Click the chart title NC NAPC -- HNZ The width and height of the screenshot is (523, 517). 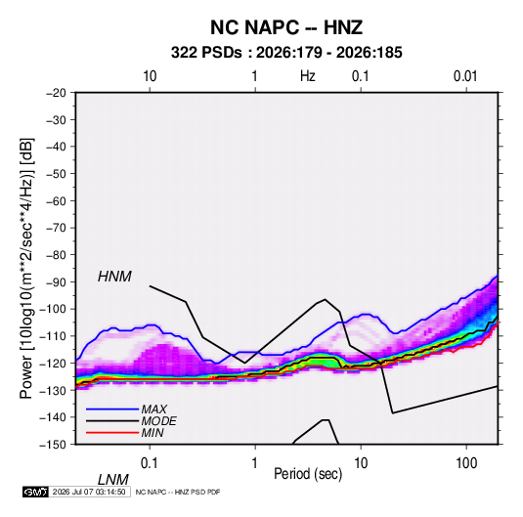pyautogui.click(x=286, y=27)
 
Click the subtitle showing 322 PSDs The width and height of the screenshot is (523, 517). pyautogui.click(x=286, y=53)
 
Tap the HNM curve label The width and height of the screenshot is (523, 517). pyautogui.click(x=114, y=277)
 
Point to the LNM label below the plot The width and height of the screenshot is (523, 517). pyautogui.click(x=113, y=480)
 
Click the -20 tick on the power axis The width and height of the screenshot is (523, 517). pyautogui.click(x=56, y=93)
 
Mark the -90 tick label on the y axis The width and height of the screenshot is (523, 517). pyautogui.click(x=56, y=281)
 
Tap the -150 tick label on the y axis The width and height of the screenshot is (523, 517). pyautogui.click(x=53, y=445)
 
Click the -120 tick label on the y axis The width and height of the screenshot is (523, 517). pyautogui.click(x=53, y=363)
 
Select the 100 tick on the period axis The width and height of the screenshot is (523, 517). pyautogui.click(x=466, y=463)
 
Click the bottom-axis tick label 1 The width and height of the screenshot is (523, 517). pyautogui.click(x=255, y=463)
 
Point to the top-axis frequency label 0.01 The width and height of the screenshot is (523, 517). pyautogui.click(x=465, y=76)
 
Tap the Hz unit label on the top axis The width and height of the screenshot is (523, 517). pyautogui.click(x=308, y=76)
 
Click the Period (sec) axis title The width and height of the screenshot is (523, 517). pyautogui.click(x=308, y=474)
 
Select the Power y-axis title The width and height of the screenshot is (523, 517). pyautogui.click(x=26, y=269)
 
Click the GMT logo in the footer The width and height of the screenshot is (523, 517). pyautogui.click(x=35, y=492)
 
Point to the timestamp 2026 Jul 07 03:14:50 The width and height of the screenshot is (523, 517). pyautogui.click(x=89, y=492)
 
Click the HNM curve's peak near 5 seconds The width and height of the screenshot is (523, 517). pyautogui.click(x=325, y=299)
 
